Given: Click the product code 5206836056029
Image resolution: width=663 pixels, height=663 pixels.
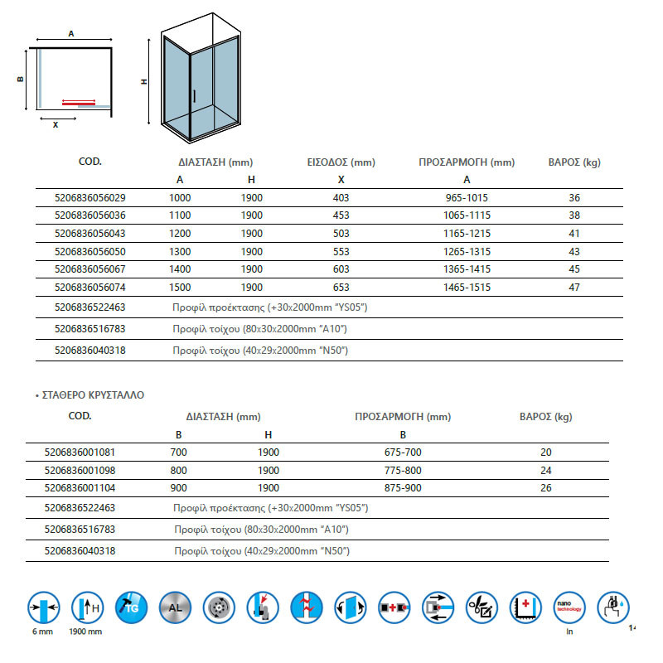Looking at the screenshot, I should click(x=89, y=198).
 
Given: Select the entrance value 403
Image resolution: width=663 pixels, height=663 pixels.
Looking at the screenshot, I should click(x=341, y=198).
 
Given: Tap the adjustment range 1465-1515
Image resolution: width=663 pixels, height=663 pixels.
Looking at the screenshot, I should click(x=467, y=288).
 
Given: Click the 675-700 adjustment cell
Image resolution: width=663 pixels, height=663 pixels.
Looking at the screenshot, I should click(x=404, y=452).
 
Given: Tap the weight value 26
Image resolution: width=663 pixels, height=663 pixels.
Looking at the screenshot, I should click(x=545, y=488).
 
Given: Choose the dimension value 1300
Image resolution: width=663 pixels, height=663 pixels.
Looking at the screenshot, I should click(x=180, y=252).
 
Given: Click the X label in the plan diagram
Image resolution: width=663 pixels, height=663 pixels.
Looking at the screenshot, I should click(x=56, y=125).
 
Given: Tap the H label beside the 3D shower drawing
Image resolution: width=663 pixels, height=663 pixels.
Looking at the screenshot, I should click(x=144, y=82).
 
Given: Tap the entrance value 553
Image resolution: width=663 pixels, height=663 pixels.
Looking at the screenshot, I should click(x=341, y=252).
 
